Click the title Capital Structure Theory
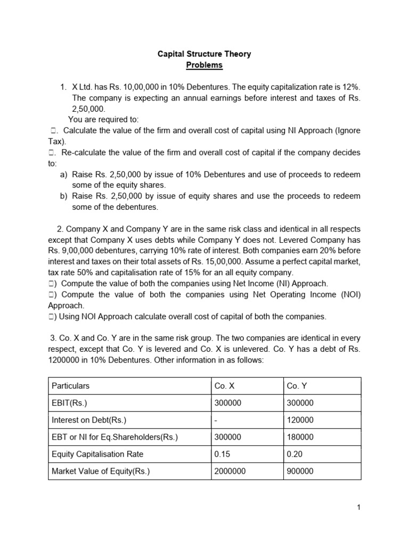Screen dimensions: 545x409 point(204,54)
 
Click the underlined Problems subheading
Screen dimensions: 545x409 point(204,65)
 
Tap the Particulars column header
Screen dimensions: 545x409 point(70,385)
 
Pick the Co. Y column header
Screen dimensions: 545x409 point(300,385)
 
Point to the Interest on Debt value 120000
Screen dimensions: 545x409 point(300,420)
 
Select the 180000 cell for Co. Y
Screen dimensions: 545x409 point(300,437)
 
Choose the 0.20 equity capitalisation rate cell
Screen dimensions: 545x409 point(296,454)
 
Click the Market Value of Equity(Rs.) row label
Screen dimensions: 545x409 point(101,471)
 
